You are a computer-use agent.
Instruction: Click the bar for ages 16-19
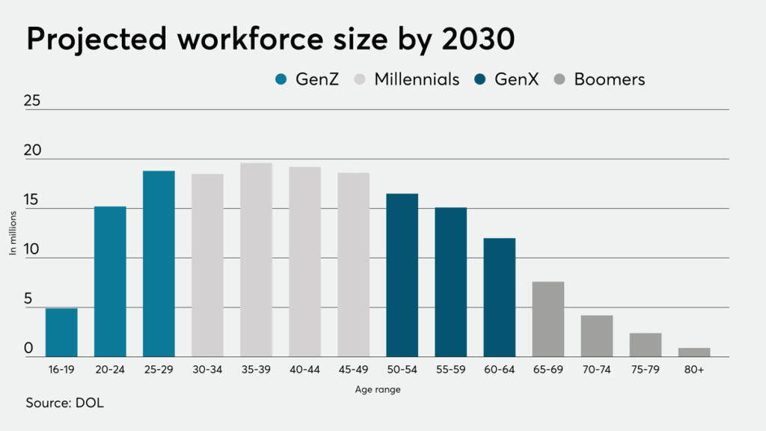click(61, 332)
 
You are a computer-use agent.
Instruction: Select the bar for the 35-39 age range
click(256, 260)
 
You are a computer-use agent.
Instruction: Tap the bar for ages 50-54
click(402, 275)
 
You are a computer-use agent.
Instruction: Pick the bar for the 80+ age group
click(693, 352)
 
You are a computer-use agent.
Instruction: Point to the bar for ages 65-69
click(548, 319)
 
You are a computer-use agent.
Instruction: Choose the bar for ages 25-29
click(159, 263)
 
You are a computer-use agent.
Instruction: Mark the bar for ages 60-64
click(499, 297)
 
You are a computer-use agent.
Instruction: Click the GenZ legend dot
click(281, 79)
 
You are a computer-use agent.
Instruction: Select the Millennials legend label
click(417, 79)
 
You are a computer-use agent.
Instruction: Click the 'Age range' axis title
click(378, 390)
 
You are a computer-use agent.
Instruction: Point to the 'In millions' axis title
click(13, 233)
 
